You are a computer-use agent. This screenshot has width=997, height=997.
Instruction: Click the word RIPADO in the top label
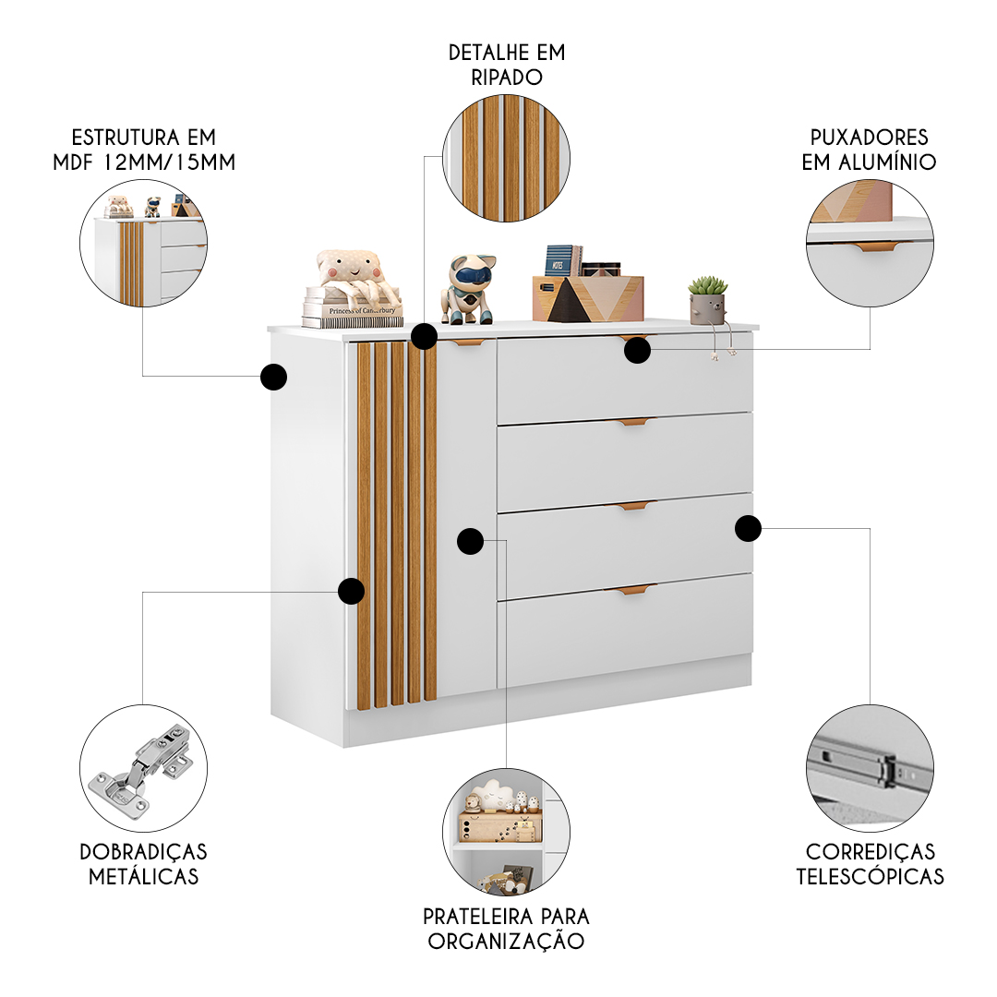[x=506, y=78]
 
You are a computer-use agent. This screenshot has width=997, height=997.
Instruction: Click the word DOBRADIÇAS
[x=143, y=851]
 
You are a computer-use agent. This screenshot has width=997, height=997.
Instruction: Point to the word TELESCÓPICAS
[x=870, y=875]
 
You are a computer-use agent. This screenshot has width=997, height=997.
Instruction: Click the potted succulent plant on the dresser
[x=708, y=300]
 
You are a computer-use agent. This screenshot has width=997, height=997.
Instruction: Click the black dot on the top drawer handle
[x=637, y=350]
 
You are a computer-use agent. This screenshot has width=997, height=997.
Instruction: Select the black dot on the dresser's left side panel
[x=273, y=377]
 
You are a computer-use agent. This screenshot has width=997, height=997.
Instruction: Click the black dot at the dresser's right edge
[x=748, y=528]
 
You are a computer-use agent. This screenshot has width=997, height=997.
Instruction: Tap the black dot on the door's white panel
[x=470, y=540]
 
